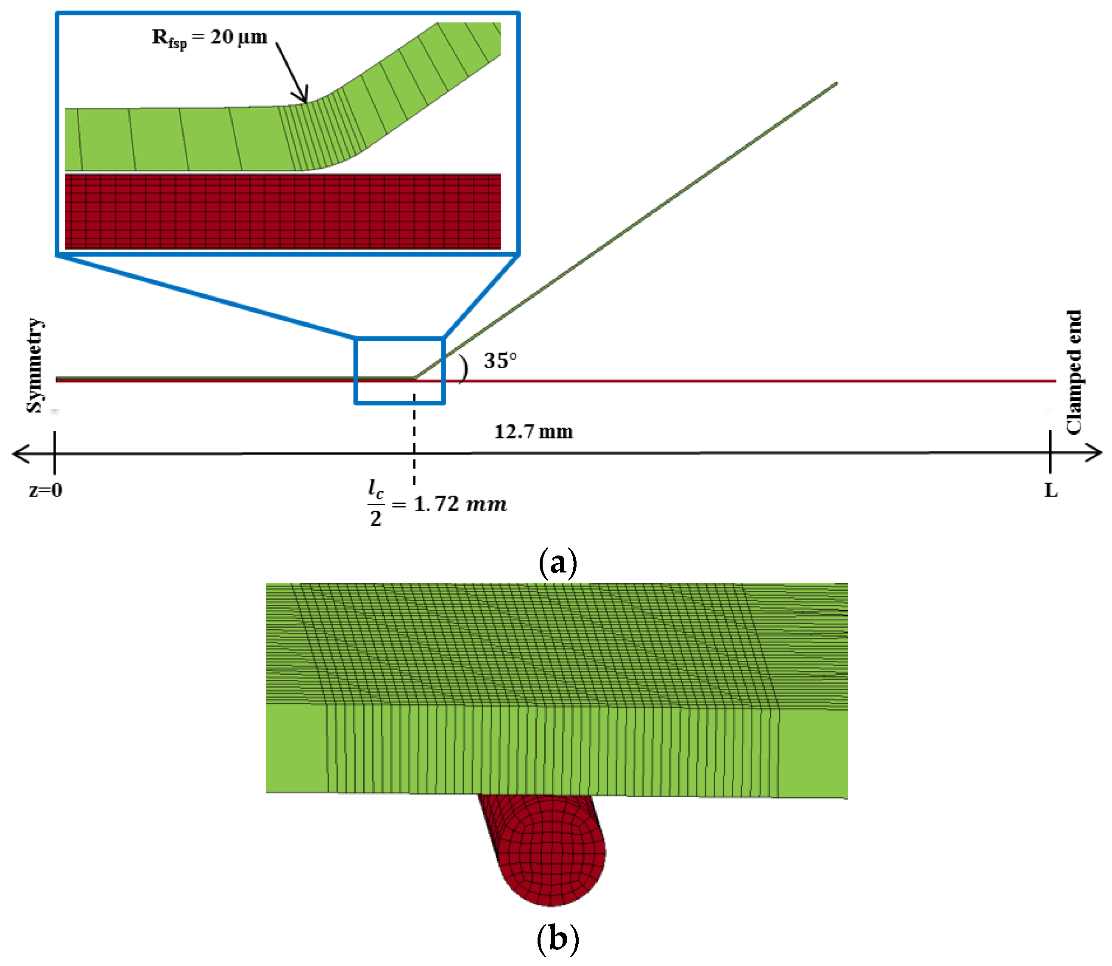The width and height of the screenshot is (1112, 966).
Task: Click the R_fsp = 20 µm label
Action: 209,38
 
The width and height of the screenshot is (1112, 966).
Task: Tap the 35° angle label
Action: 500,360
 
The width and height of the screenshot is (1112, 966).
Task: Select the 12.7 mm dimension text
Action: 533,431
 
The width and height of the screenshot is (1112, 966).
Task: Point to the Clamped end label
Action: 1074,372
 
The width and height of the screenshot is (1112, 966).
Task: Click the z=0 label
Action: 45,490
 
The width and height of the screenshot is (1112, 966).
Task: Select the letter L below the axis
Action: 1051,490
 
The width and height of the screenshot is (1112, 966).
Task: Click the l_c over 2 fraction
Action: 376,503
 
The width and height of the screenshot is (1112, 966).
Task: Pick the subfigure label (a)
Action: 557,563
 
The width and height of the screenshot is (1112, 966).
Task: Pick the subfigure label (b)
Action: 557,938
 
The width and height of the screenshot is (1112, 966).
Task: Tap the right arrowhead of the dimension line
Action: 1094,453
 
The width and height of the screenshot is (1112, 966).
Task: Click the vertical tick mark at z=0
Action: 54,452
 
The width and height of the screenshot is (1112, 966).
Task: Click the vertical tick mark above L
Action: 1050,452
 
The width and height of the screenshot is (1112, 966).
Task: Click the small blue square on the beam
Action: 399,371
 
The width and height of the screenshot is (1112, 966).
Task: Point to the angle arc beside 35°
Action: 463,369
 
